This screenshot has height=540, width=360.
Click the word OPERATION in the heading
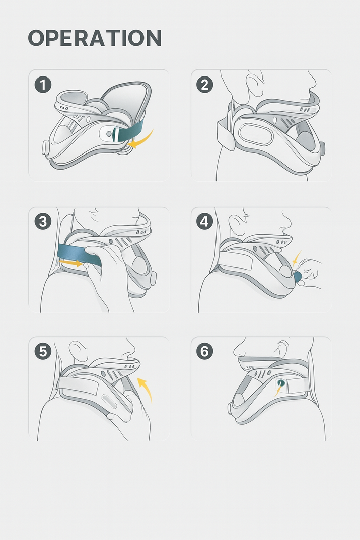[x=94, y=38]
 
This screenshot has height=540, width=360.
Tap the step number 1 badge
[x=43, y=85]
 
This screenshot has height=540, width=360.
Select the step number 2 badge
[x=204, y=85]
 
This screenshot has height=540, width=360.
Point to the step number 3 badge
[x=43, y=222]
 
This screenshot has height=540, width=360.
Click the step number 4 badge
[x=204, y=222]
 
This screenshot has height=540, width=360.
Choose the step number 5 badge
[x=43, y=352]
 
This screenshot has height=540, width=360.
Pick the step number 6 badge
[x=204, y=352]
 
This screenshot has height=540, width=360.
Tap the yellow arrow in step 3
[x=70, y=263]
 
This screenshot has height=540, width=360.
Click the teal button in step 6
[x=281, y=382]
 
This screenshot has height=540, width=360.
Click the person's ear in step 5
[x=76, y=351]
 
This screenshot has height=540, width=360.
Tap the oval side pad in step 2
[x=255, y=134]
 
